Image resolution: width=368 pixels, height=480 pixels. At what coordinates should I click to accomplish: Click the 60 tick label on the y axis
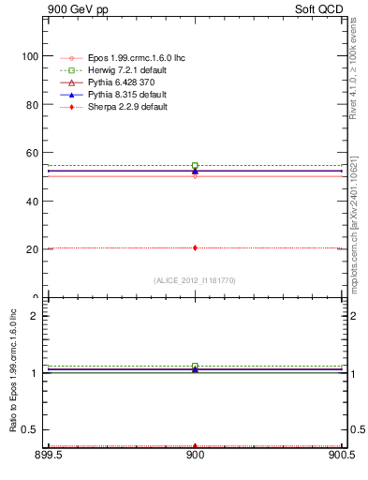click(x=33, y=153)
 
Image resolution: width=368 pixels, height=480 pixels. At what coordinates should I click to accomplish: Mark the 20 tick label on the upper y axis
click(x=33, y=249)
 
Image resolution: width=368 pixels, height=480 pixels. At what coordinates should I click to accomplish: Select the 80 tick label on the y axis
click(x=33, y=104)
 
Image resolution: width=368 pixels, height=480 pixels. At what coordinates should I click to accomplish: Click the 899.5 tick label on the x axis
click(x=49, y=457)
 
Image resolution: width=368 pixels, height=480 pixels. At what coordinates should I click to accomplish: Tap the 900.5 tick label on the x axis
click(x=340, y=457)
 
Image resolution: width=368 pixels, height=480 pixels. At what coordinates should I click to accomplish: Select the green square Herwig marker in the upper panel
click(x=195, y=166)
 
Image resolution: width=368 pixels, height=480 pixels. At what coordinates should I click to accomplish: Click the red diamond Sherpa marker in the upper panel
click(x=195, y=247)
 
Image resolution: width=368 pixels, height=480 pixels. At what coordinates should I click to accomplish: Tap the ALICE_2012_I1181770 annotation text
click(x=195, y=280)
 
